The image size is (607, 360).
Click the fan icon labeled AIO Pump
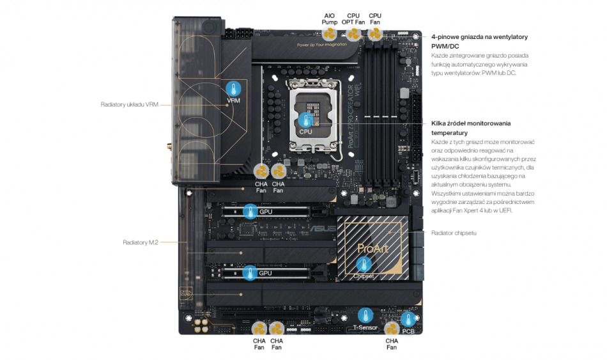pos(330,34)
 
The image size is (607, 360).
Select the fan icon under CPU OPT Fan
pos(353,34)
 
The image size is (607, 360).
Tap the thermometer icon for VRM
pos(234,89)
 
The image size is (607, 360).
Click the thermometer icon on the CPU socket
pos(306,120)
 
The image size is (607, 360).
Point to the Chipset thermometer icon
pos(364,264)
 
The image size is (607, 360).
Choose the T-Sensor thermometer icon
pos(365,315)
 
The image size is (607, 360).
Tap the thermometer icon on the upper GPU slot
pos(250,210)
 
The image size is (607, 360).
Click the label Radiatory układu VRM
pos(129,104)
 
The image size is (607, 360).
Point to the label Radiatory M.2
pos(141,242)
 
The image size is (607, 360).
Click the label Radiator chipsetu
pos(454,233)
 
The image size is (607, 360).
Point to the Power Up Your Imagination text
pos(322,45)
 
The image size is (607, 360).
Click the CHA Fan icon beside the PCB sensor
pos(392,329)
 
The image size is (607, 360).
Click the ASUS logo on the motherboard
pos(322,226)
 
